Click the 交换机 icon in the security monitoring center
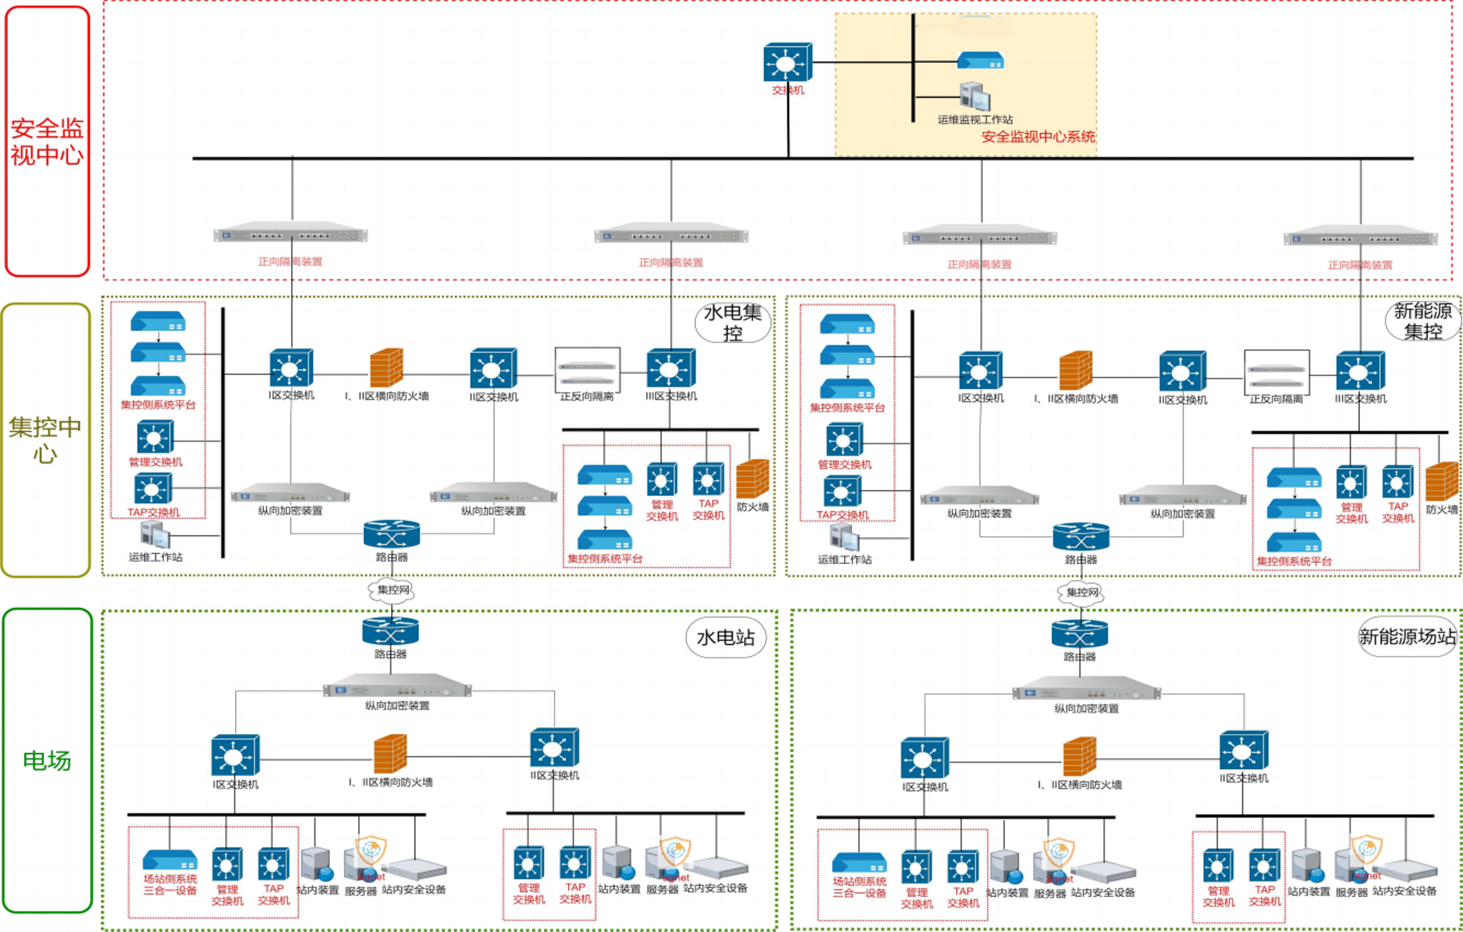[x=788, y=62]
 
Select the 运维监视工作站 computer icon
[x=975, y=97]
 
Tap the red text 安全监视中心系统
[x=1038, y=137]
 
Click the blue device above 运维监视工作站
[x=981, y=61]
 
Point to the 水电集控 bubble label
[x=733, y=322]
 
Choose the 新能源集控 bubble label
[x=1422, y=321]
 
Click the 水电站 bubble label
[x=725, y=637]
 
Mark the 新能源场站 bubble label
[x=1407, y=636]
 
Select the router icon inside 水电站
[x=390, y=631]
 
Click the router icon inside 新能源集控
[x=1081, y=537]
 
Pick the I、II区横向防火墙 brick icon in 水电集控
[x=387, y=367]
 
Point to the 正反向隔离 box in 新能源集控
[x=1276, y=372]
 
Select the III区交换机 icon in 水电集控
[x=670, y=368]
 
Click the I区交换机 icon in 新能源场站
[x=924, y=758]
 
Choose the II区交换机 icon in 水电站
[x=554, y=748]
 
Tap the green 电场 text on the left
[x=47, y=761]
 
